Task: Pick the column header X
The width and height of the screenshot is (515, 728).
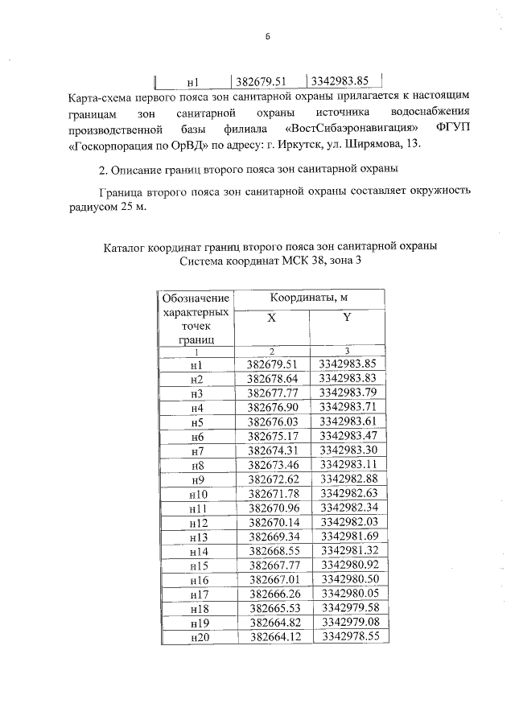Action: pyautogui.click(x=271, y=318)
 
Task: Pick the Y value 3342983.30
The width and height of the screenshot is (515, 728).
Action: pyautogui.click(x=347, y=450)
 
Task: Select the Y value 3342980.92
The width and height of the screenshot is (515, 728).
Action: pyautogui.click(x=348, y=565)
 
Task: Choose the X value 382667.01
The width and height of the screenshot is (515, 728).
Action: pyautogui.click(x=272, y=579)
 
